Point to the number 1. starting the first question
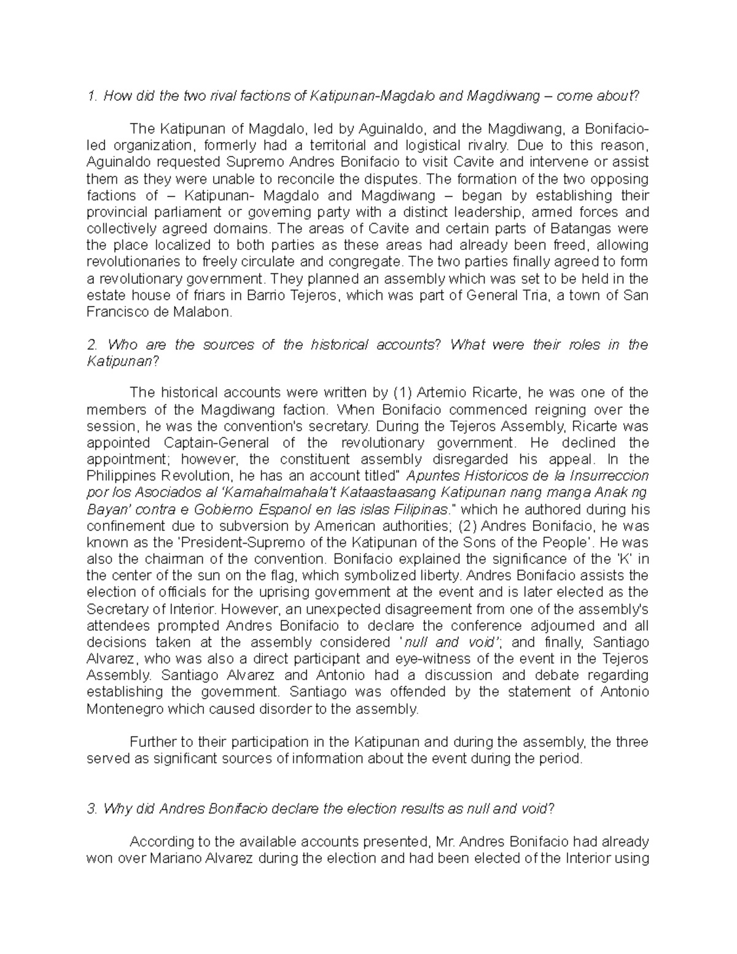pyautogui.click(x=92, y=96)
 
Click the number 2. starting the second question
pyautogui.click(x=92, y=345)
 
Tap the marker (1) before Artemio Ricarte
pyautogui.click(x=399, y=393)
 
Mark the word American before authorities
pyautogui.click(x=344, y=526)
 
